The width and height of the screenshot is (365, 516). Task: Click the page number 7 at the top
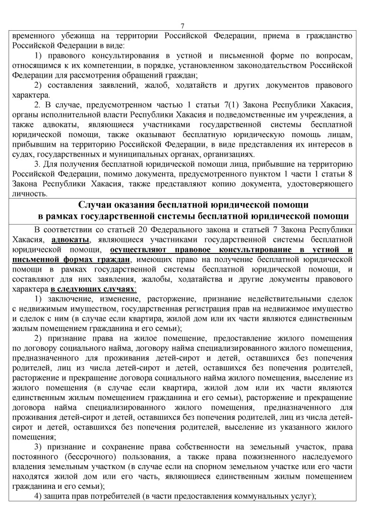pos(182,27)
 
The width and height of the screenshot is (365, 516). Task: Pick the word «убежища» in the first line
pos(80,35)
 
